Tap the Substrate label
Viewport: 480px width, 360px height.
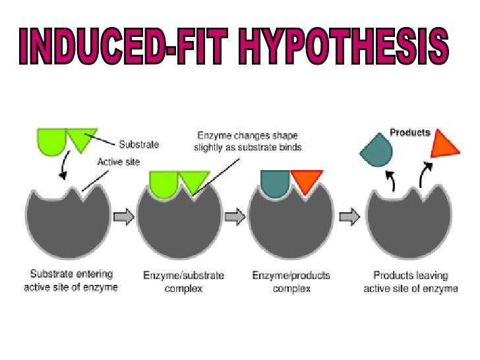point(138,144)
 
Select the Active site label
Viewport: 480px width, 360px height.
point(118,162)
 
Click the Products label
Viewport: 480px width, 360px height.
point(409,133)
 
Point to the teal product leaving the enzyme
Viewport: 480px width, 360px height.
point(376,152)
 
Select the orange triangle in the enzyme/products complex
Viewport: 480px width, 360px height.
point(307,180)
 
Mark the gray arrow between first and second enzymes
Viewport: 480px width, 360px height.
point(123,216)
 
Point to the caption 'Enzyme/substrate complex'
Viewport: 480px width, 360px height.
point(184,281)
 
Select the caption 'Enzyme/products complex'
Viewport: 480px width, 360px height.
point(291,281)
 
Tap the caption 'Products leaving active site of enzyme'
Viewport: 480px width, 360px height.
point(410,281)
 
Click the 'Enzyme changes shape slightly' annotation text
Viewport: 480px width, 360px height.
point(247,141)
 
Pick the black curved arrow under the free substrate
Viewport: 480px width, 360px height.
point(63,167)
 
